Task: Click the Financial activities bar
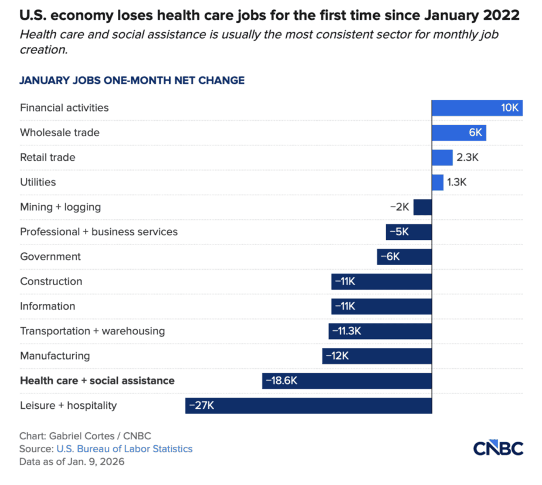coord(477,108)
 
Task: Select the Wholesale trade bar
coord(459,133)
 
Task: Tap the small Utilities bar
coord(438,182)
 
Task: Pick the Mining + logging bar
coord(423,207)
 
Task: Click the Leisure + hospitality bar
coord(309,405)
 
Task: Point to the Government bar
coord(404,257)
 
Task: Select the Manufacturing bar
coord(377,356)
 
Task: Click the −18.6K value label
coord(282,381)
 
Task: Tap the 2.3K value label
coord(468,157)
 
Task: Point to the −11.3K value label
coord(347,331)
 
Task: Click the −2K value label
coord(399,207)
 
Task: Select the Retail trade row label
coord(48,157)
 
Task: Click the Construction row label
coord(51,281)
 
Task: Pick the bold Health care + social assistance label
coord(97,381)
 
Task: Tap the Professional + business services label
coord(99,232)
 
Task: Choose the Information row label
coord(48,306)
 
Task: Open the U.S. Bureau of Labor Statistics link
coord(124,449)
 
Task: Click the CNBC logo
coord(498,449)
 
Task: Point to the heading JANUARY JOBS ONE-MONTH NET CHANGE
coord(132,80)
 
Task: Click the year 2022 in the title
coord(501,16)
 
